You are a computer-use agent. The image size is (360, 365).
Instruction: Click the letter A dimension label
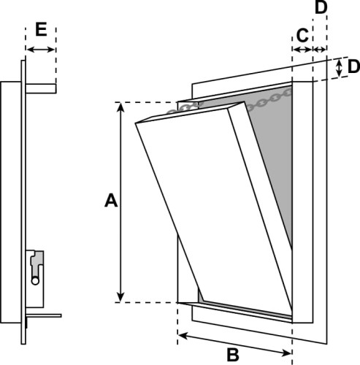pos(110,200)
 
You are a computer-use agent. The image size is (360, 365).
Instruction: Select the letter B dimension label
pos(232,356)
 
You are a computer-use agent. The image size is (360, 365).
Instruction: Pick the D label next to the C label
pos(322,8)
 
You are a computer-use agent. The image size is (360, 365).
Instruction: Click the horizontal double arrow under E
pos(41,50)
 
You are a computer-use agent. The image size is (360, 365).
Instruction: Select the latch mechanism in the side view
pos(36,266)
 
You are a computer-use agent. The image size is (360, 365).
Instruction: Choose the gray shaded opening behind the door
pos(281,168)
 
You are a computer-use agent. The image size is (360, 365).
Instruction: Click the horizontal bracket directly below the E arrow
pos(42,88)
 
